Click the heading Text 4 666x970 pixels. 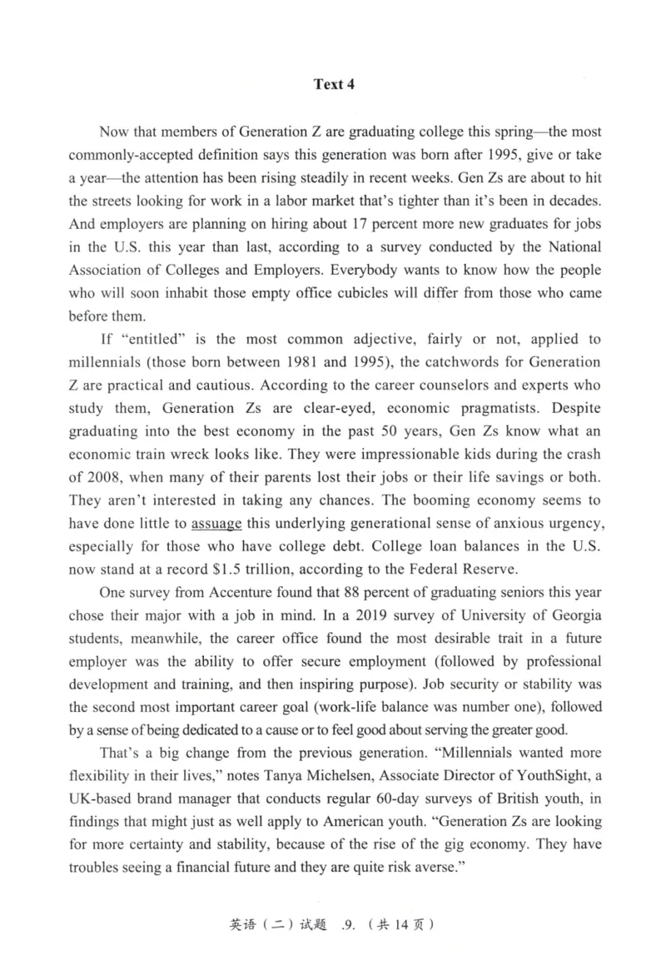tap(333, 84)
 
